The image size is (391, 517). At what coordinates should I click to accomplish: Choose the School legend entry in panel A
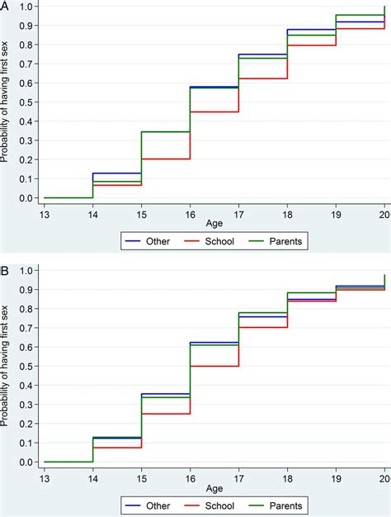pos(212,241)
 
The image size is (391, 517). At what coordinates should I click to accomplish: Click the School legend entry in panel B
pos(212,505)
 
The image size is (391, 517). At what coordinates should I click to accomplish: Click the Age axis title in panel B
pos(214,486)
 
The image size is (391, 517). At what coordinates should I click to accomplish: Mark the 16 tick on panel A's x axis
pos(190,211)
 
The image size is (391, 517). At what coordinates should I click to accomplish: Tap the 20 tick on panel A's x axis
pos(384,211)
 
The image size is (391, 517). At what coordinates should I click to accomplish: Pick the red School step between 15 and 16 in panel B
pos(166,414)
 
